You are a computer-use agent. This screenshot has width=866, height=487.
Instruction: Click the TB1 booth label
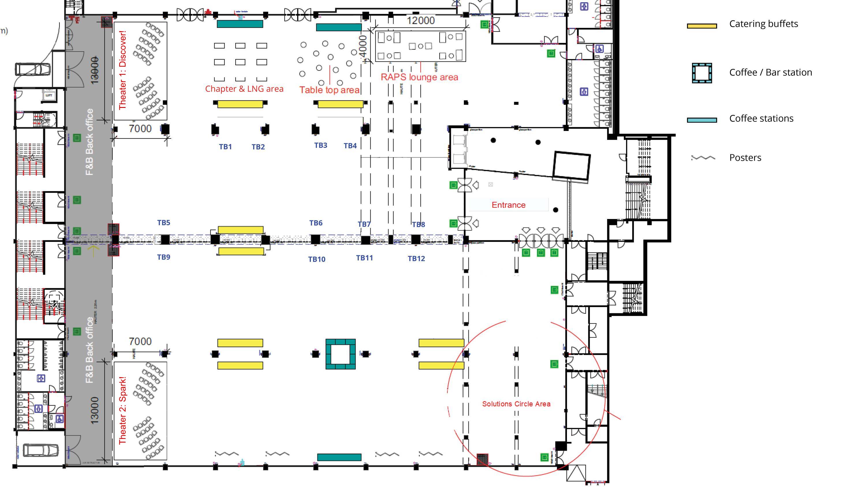[x=225, y=147]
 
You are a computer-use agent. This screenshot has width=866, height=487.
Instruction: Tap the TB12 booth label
[x=416, y=259]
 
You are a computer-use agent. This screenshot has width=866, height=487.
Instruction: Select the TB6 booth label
[x=316, y=223]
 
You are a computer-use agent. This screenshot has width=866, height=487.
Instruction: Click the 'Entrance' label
[x=508, y=205]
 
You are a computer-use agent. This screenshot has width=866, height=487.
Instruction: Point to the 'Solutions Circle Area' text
[x=516, y=404]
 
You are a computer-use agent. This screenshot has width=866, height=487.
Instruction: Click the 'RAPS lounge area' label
[x=419, y=77]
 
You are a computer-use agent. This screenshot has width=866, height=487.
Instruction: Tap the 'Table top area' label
[x=329, y=90]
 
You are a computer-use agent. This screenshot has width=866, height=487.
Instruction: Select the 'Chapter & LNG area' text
[x=244, y=89]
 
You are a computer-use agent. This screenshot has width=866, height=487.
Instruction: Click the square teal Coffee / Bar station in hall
[x=340, y=354]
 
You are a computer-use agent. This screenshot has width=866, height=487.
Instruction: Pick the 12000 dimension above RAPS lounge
[x=421, y=20]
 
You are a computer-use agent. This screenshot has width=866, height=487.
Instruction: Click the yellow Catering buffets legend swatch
[x=702, y=26]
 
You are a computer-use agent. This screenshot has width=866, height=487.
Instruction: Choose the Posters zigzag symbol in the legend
[x=703, y=158]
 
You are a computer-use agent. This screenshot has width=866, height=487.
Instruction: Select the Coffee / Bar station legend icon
[x=702, y=73]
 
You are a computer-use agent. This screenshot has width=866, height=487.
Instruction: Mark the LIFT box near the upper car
[x=49, y=95]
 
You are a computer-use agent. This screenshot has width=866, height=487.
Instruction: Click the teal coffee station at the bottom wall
[x=339, y=457]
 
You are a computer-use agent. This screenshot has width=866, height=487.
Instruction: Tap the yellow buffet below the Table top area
[x=340, y=104]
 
